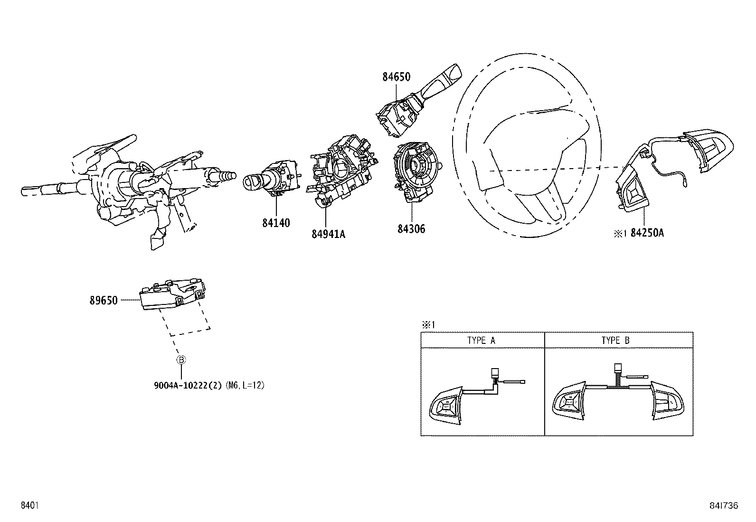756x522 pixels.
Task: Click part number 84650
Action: pos(396,77)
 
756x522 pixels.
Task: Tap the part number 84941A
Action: pos(328,234)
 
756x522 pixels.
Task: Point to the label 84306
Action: pos(411,229)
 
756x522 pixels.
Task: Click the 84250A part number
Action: pos(647,233)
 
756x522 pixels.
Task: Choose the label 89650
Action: pos(103,300)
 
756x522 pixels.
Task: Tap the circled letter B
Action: pos(181,360)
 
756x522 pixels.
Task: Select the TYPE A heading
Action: pos(482,341)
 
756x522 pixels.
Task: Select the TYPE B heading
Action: pos(615,341)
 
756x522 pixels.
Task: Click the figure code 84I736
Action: pos(724,506)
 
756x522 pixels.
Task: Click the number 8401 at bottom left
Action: pos(29,506)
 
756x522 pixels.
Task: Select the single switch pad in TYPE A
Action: pos(446,405)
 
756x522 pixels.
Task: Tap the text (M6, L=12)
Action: pos(245,385)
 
